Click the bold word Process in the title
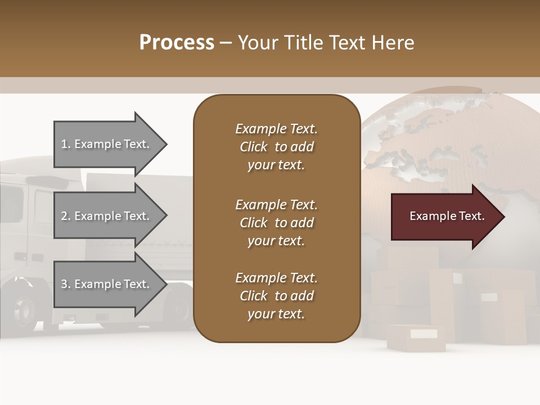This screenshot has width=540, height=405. pos(177,43)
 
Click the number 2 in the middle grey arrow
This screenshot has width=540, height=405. pos(64,216)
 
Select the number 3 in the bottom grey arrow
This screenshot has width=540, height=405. pos(64,284)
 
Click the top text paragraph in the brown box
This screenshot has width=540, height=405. pos(276,147)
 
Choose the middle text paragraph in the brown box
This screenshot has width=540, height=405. pos(276,223)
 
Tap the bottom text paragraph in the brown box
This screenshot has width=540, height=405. pos(276,296)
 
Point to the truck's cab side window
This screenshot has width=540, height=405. pos(11,202)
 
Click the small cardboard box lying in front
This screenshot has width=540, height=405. pos(416,337)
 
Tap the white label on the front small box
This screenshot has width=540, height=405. pos(423,334)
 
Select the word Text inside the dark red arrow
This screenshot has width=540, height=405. pos(471,216)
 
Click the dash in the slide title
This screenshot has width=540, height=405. pos(226,43)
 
